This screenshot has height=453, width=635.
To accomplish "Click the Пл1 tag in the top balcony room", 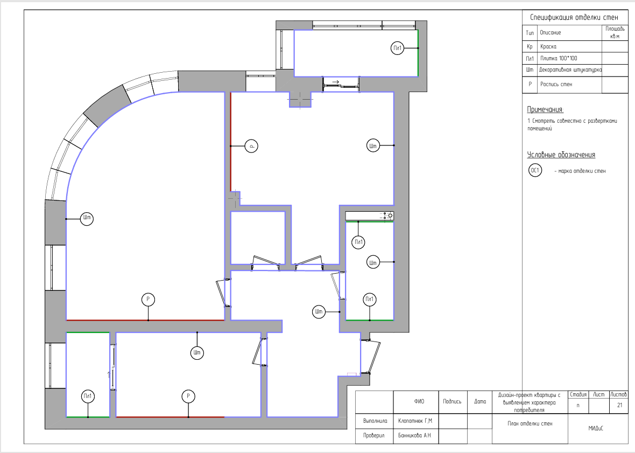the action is [397, 48].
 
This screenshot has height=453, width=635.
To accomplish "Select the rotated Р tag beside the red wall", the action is [251, 146].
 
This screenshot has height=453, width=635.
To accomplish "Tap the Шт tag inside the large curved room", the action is [87, 218].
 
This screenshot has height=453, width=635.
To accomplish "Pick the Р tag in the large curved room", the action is [148, 299].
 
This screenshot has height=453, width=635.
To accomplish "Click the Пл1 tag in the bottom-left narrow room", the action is [88, 396].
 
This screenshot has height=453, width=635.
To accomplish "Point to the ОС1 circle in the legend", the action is [535, 170].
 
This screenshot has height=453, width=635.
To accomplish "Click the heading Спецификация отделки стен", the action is [574, 17].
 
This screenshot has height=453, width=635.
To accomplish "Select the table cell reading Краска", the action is [548, 47].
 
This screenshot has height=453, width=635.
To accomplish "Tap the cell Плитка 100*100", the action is [559, 58].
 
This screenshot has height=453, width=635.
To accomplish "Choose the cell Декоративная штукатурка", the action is [570, 69].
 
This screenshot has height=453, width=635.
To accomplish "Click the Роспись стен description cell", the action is [556, 84].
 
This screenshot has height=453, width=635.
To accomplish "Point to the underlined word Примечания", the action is [545, 109].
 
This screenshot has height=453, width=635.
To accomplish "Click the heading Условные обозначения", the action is [561, 155].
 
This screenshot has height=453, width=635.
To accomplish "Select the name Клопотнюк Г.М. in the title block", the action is [415, 421].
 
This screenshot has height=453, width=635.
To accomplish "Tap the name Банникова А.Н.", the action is [415, 436].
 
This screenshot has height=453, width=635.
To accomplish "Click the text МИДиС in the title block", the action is [596, 428].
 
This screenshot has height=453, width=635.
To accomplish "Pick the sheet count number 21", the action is [619, 405].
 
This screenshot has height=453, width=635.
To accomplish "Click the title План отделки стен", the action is [530, 424].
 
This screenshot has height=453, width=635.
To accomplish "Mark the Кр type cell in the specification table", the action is [530, 47].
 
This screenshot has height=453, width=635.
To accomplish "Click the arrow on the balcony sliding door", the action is [335, 82].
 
